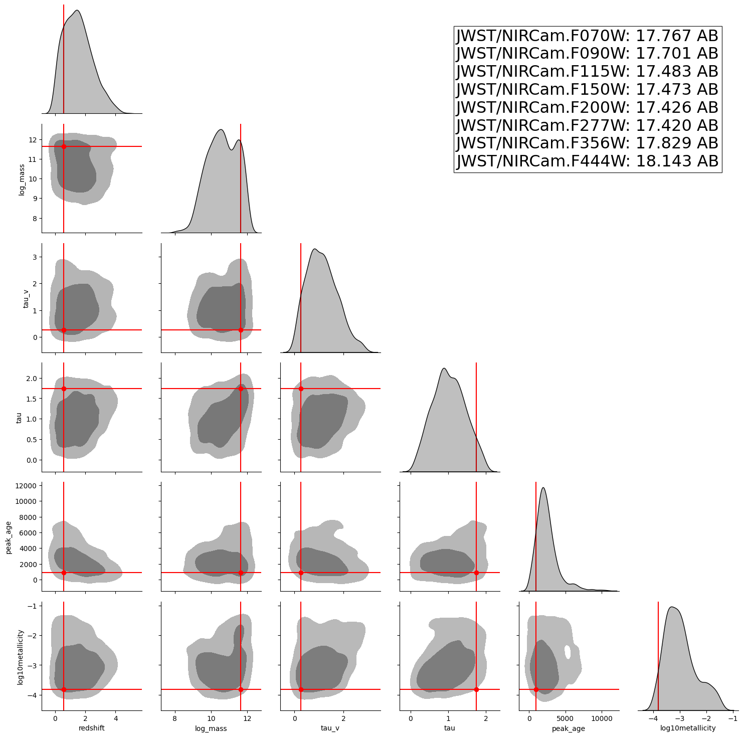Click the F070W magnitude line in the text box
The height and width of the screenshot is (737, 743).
(587, 36)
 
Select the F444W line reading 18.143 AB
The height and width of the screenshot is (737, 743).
(587, 161)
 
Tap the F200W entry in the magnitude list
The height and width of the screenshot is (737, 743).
(587, 108)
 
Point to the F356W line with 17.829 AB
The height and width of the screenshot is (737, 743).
(587, 143)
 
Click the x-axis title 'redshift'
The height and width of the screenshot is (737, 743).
(92, 728)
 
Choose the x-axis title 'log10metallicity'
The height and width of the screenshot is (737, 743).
(688, 728)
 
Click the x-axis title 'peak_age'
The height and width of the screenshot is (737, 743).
(569, 728)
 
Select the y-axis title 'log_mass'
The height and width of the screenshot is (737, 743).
(22, 179)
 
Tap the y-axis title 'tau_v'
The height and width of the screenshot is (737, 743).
(26, 298)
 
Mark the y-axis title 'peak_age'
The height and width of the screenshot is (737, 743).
(9, 537)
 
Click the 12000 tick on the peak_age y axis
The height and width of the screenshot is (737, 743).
(25, 486)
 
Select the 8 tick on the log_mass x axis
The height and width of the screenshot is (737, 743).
(174, 718)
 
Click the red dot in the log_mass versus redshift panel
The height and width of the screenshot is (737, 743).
(64, 146)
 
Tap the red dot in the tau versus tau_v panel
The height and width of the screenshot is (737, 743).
(301, 389)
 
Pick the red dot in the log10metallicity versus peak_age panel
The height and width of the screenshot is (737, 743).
(536, 689)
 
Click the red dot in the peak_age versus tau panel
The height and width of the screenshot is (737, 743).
(476, 573)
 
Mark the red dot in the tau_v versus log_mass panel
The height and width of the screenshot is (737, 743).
(241, 330)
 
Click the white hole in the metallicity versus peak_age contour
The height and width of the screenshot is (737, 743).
(568, 652)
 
